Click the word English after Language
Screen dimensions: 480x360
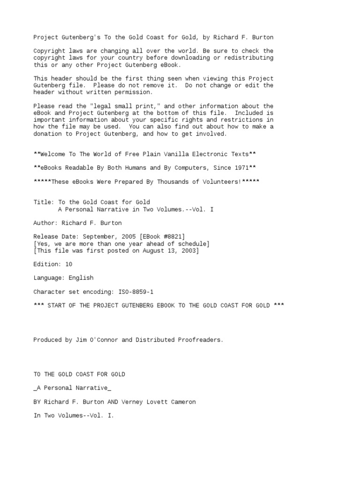click(81, 278)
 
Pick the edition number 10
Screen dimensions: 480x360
click(69, 264)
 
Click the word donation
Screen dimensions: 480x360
click(49, 134)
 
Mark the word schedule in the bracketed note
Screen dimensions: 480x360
click(192, 244)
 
